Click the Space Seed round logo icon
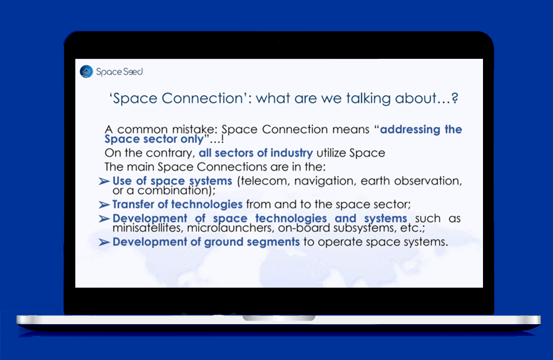pyautogui.click(x=86, y=72)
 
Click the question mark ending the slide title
pyautogui.click(x=455, y=98)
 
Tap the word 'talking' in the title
pyautogui.click(x=368, y=98)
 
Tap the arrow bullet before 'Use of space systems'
pyautogui.click(x=104, y=181)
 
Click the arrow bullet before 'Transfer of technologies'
pyautogui.click(x=104, y=205)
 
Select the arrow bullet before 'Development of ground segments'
pyautogui.click(x=104, y=242)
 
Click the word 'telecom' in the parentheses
pyautogui.click(x=263, y=181)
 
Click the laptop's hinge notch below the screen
pyautogui.click(x=279, y=318)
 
